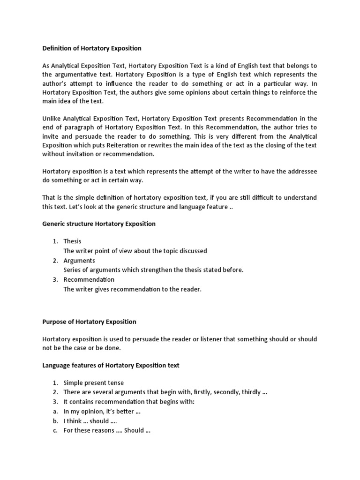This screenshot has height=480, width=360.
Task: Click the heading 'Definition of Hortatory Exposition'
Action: tap(92, 48)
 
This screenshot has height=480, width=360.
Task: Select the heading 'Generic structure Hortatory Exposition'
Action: tap(99, 224)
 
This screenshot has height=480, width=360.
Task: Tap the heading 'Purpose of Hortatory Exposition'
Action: tap(89, 322)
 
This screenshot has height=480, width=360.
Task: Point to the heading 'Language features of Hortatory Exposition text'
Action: tap(111, 365)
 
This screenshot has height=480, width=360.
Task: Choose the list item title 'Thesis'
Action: tap(73, 241)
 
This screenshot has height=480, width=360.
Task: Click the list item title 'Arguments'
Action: tap(79, 261)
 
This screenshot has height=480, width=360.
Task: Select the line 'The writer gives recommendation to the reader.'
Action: tap(132, 289)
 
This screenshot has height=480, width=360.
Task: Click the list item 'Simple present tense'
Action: tap(94, 383)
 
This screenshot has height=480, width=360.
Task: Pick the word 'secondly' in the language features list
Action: tap(216, 392)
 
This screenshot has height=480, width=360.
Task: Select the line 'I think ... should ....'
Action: tap(90, 421)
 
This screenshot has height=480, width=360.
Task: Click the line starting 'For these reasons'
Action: tap(106, 431)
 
